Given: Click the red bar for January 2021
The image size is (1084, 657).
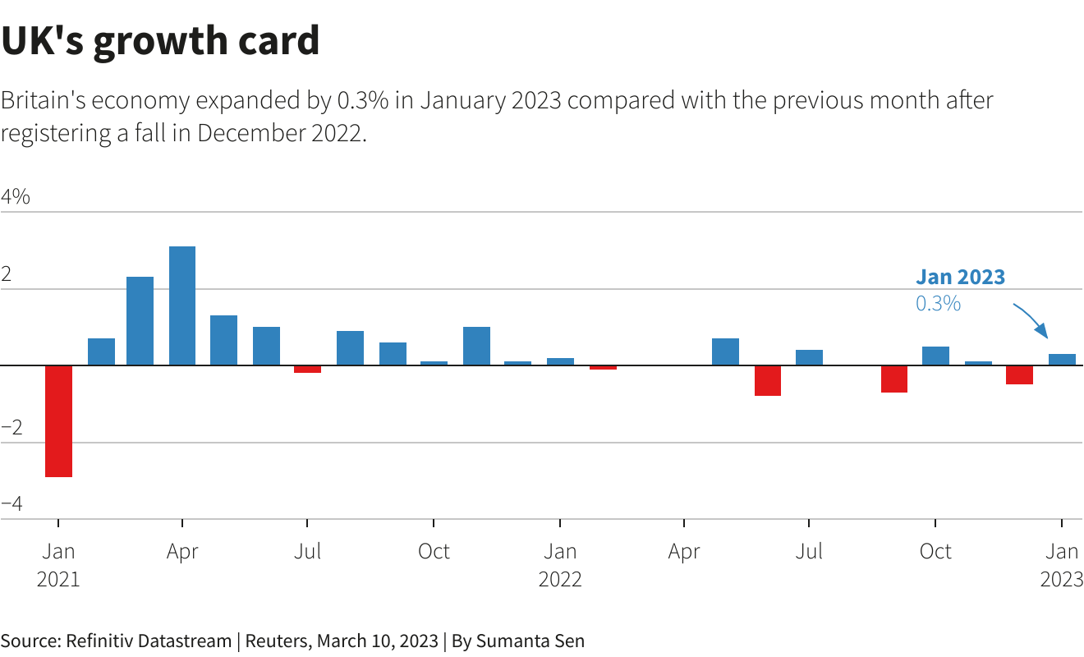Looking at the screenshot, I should click(x=58, y=420).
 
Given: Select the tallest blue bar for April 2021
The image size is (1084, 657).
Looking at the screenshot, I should click(x=182, y=306).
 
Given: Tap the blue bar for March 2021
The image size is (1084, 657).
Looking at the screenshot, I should click(x=140, y=320).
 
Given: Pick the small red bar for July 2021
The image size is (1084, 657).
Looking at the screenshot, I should click(x=307, y=369).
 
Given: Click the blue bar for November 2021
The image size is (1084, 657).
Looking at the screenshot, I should click(x=476, y=346).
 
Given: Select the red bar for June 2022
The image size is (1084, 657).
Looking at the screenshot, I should click(x=768, y=380).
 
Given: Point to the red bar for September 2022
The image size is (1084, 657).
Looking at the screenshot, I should click(x=894, y=379).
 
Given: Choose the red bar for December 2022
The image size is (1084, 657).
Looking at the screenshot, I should click(x=1020, y=374).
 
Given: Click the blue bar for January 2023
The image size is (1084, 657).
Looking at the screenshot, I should click(x=1062, y=359).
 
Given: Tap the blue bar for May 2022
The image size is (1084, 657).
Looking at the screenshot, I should click(x=725, y=351).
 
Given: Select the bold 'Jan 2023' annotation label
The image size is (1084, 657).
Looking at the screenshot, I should click(x=960, y=277).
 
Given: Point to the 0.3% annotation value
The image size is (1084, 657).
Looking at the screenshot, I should click(x=938, y=303).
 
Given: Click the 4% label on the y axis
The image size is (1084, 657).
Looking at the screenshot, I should click(x=16, y=197).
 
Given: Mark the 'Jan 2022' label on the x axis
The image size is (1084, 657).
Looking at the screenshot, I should click(x=560, y=564).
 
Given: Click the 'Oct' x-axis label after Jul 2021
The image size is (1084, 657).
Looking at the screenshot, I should click(x=434, y=551).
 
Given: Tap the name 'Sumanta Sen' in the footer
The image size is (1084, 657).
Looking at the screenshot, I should click(x=530, y=641).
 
